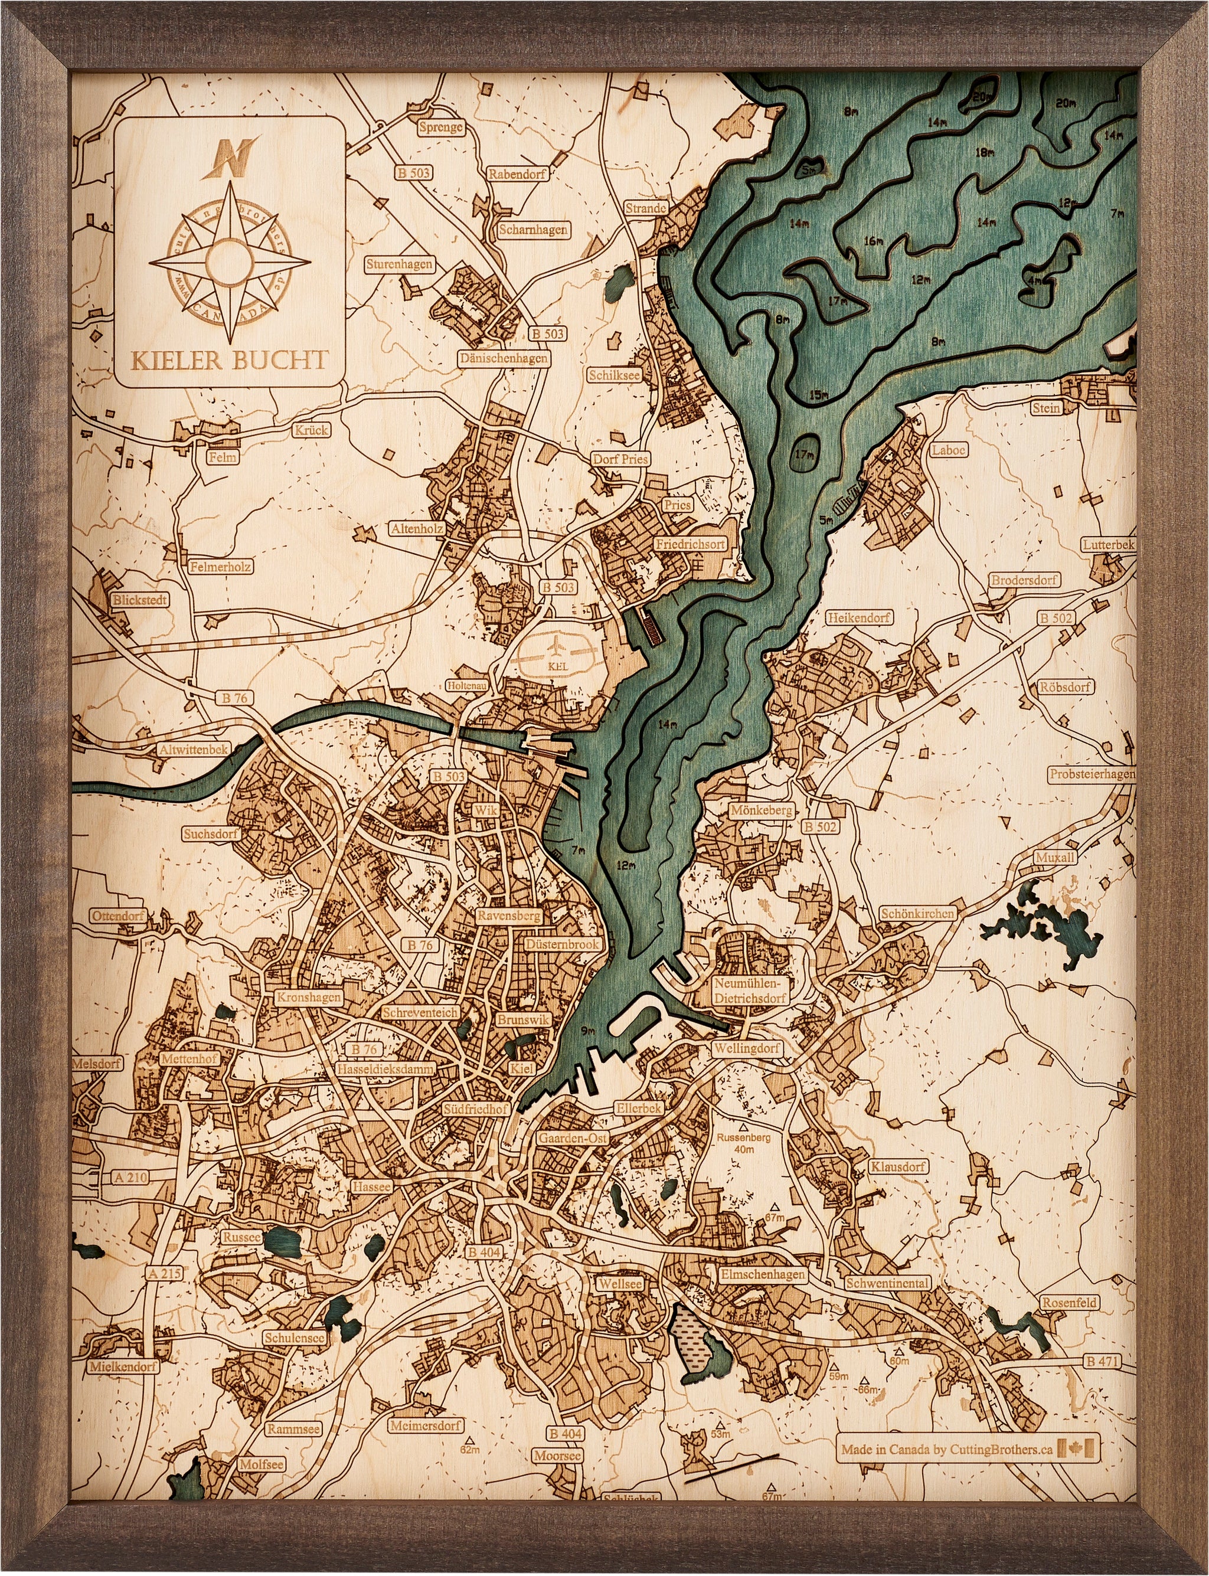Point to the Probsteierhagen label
pos(1091,774)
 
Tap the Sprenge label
pos(440,127)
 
